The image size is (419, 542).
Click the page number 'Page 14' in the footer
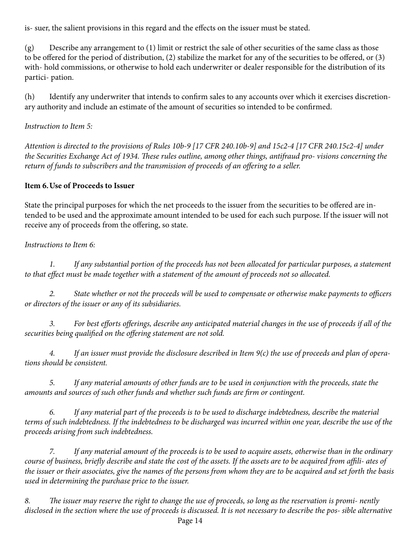pyautogui.click(x=190, y=521)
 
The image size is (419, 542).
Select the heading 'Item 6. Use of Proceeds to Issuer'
pyautogui.click(x=79, y=186)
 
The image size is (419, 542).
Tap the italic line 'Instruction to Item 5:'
pyautogui.click(x=58, y=126)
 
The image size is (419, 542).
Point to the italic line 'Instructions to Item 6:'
pyautogui.click(x=60, y=245)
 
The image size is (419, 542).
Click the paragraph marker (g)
pyautogui.click(x=29, y=48)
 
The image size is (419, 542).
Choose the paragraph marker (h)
pyautogui.click(x=29, y=97)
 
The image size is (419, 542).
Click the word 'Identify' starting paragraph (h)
pyautogui.click(x=62, y=97)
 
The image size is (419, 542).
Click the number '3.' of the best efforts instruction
pyautogui.click(x=52, y=324)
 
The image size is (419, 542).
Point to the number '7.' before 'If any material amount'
pyautogui.click(x=52, y=452)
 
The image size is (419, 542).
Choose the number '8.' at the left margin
pyautogui.click(x=28, y=501)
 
